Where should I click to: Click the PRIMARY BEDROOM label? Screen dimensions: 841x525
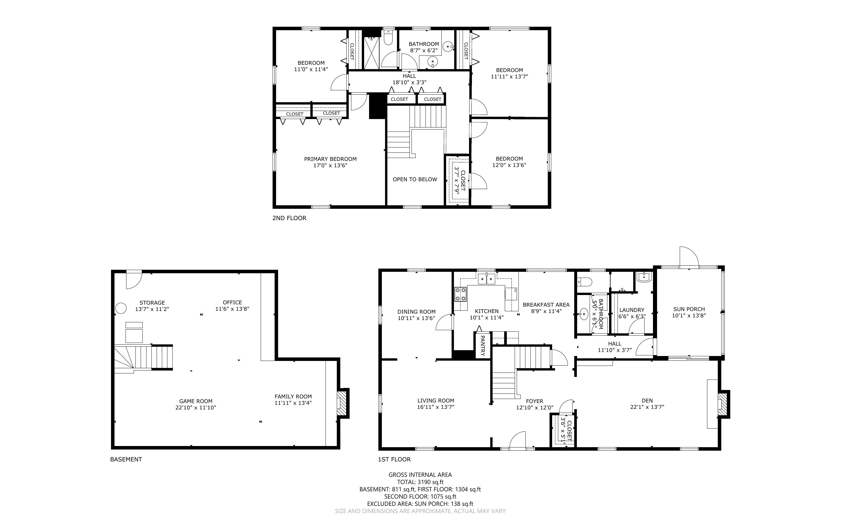[x=330, y=159]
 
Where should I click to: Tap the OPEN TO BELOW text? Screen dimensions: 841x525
[x=415, y=179]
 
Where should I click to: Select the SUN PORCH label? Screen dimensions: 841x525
[x=689, y=309]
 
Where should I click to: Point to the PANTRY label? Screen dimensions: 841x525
[x=482, y=345]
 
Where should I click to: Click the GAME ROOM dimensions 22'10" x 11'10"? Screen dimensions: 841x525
[x=196, y=408]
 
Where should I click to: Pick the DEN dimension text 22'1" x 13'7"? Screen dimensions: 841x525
[x=647, y=407]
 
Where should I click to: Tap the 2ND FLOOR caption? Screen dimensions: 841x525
[x=289, y=218]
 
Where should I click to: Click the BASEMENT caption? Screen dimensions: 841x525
[x=126, y=459]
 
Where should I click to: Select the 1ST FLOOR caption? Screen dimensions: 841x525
[x=394, y=459]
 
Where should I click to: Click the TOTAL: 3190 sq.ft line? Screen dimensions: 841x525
[x=420, y=482]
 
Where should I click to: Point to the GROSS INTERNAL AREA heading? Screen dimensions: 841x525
[x=420, y=475]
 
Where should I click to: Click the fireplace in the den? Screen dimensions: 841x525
[x=723, y=404]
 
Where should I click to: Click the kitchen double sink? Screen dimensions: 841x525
[x=486, y=279]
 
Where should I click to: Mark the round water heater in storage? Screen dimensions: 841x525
[x=121, y=308]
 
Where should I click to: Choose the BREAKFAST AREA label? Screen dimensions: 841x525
[x=546, y=305]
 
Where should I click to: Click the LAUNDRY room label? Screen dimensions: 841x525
[x=632, y=310]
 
